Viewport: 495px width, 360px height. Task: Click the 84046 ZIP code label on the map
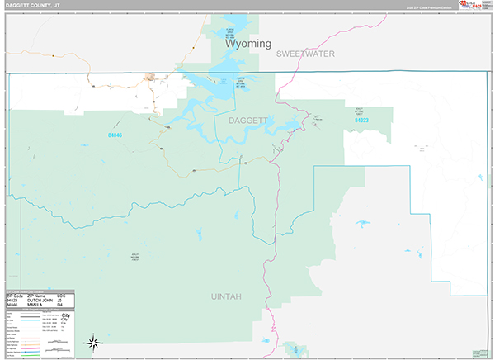pyautogui.click(x=115, y=135)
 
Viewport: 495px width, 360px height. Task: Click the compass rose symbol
pyautogui.click(x=93, y=342)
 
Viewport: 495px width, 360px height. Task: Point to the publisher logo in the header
pyautogui.click(x=468, y=5)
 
